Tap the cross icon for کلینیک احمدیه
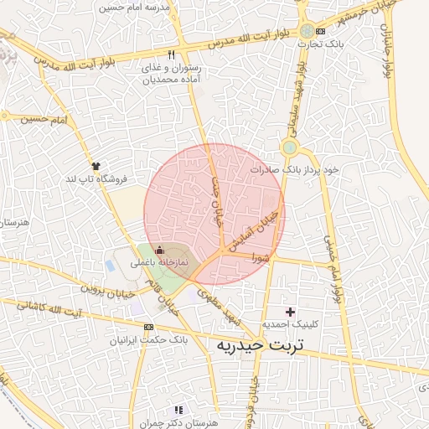click(x=291, y=312)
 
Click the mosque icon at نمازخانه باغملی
click(x=160, y=250)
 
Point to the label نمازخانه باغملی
click(x=158, y=263)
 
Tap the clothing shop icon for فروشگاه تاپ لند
click(x=96, y=166)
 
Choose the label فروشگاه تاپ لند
click(x=96, y=179)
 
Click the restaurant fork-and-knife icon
click(x=172, y=54)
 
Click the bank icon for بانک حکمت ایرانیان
click(x=148, y=327)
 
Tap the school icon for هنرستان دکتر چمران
click(x=178, y=410)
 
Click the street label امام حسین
click(x=42, y=120)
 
